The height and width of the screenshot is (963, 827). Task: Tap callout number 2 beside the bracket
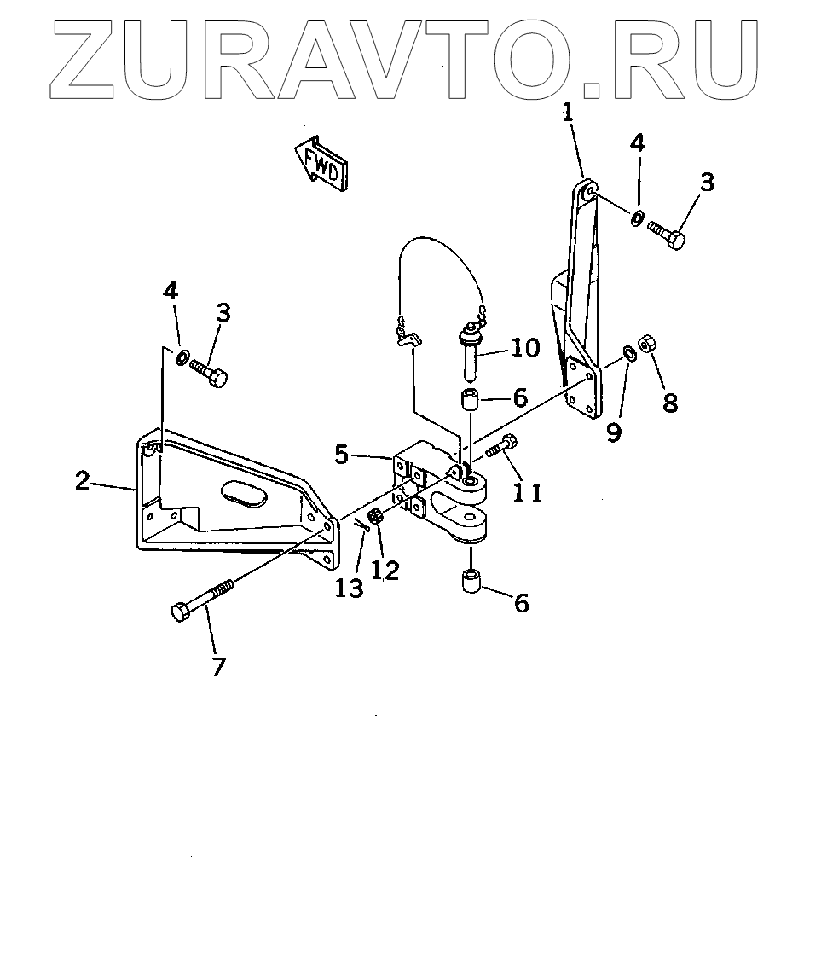82,481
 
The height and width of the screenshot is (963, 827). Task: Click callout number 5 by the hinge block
341,455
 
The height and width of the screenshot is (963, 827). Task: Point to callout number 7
218,666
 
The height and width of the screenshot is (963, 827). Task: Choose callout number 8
670,403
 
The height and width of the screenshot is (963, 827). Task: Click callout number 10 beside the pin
525,347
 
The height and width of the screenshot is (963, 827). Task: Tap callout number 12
385,570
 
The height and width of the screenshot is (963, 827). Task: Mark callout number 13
350,587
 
